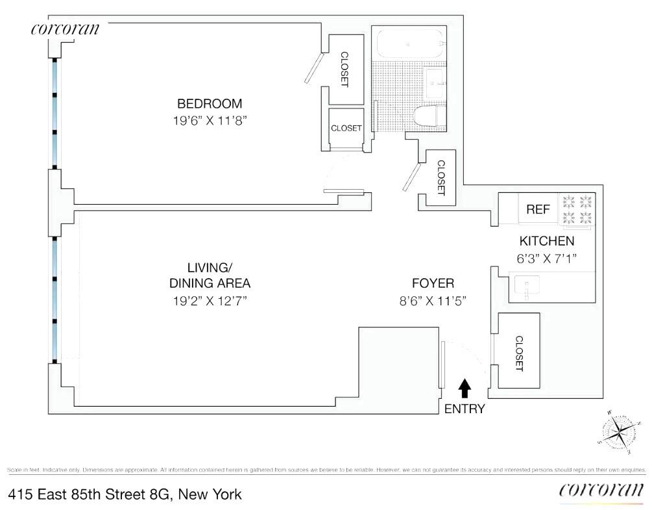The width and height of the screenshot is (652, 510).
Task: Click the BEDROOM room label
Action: point(210,103)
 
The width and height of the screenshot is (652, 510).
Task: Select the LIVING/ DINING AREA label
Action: point(210,275)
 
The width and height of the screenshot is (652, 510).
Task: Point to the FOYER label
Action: point(433,283)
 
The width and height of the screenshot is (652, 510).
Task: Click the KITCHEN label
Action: point(546,241)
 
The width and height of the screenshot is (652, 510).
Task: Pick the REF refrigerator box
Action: point(538,209)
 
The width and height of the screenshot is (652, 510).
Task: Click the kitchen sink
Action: point(525,287)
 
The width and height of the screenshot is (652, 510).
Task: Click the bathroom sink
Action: point(434,81)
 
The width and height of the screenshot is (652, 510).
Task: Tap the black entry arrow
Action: point(465,388)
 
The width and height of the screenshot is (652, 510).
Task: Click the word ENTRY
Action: point(465,409)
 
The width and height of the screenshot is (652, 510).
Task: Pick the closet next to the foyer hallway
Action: point(441,178)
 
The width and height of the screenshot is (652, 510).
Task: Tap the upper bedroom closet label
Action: point(344,69)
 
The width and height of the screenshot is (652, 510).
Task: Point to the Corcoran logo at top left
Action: point(65,29)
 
